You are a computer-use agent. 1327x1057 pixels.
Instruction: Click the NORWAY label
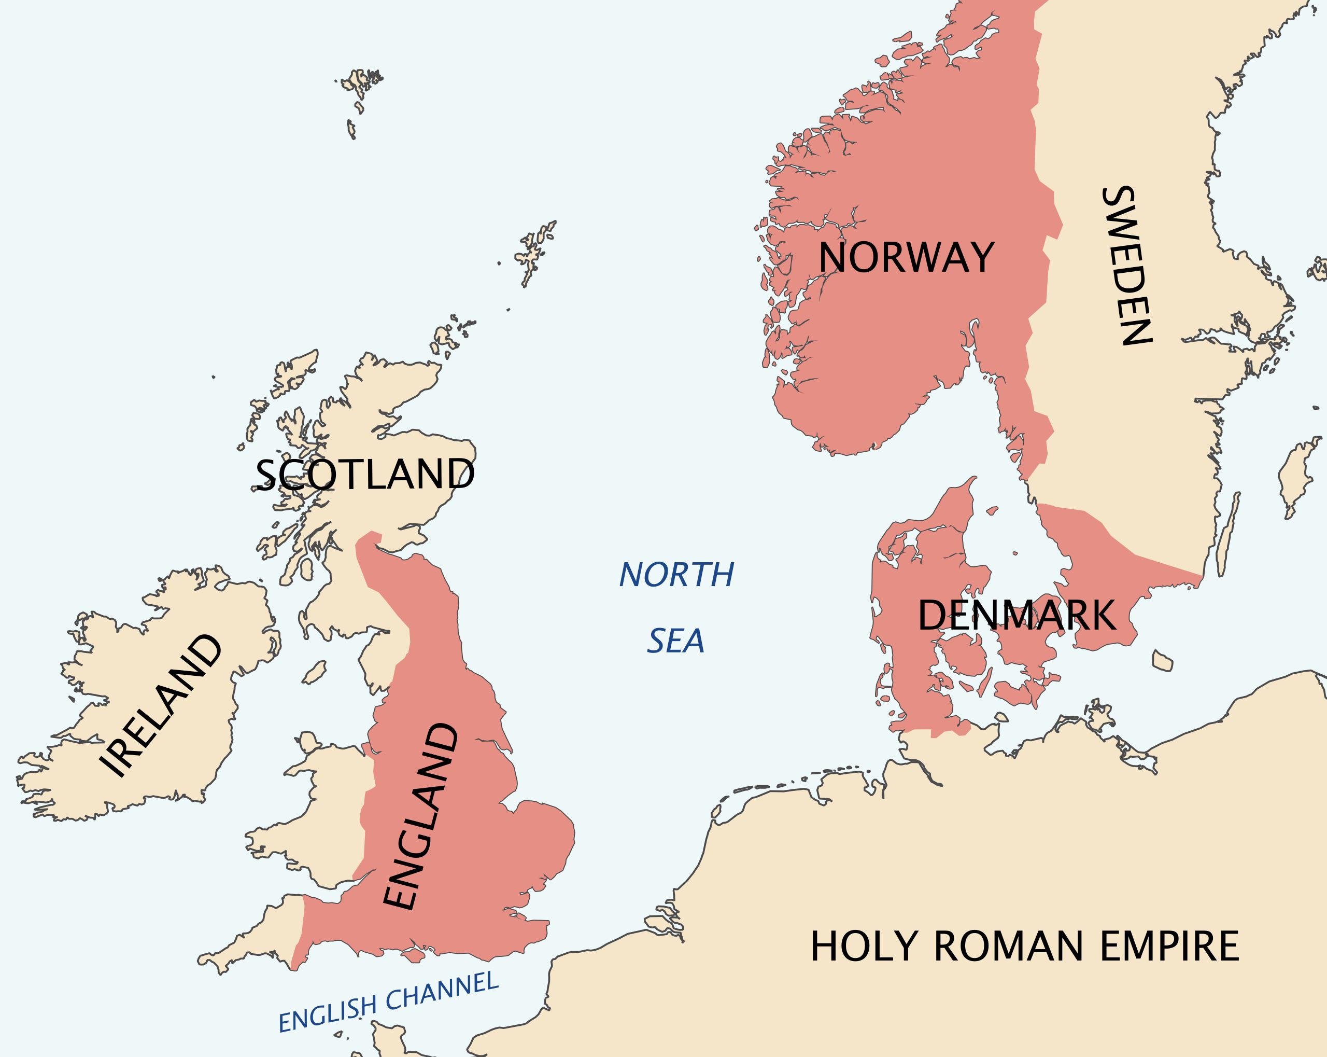906,257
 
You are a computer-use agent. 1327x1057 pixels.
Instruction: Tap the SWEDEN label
1128,265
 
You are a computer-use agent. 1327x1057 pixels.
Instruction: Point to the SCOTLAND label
365,474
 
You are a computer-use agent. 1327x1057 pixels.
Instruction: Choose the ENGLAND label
420,817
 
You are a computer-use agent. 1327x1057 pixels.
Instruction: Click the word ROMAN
1008,946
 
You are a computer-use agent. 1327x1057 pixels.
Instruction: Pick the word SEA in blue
675,641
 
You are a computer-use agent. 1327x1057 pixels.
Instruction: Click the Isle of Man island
315,673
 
